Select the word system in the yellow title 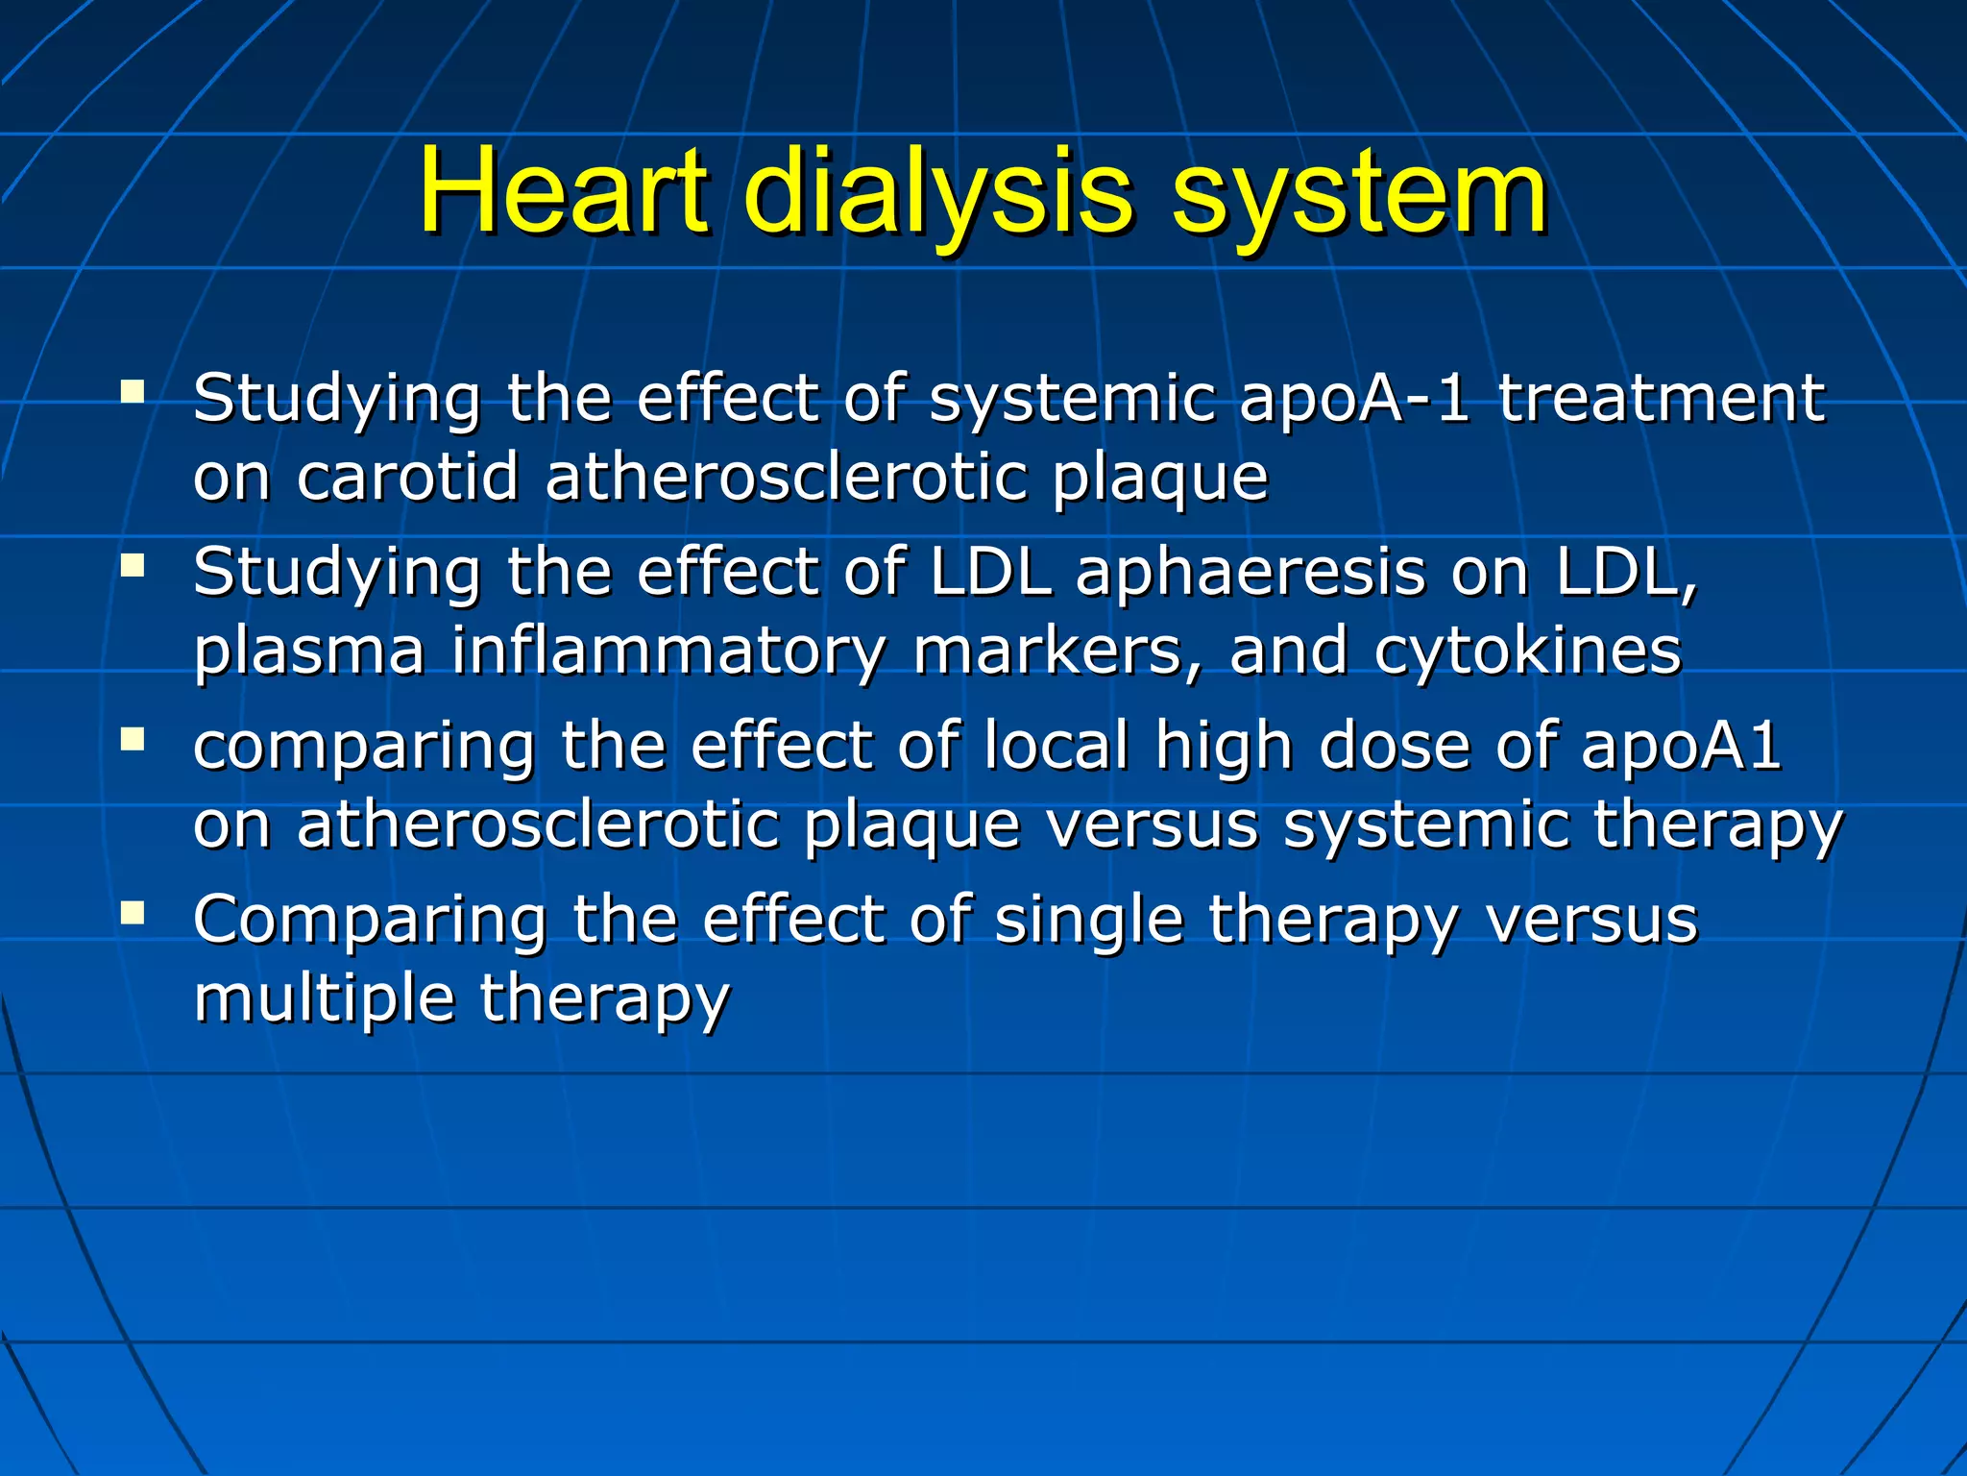[x=1359, y=192]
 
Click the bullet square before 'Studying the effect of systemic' [x=133, y=392]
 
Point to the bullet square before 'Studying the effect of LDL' [x=133, y=566]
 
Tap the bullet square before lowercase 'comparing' [x=133, y=740]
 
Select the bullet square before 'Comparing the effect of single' [x=133, y=913]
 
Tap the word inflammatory [x=668, y=652]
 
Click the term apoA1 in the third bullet [x=1681, y=746]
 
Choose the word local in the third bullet [x=1056, y=746]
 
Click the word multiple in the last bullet [x=324, y=999]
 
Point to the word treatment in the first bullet [x=1662, y=399]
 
